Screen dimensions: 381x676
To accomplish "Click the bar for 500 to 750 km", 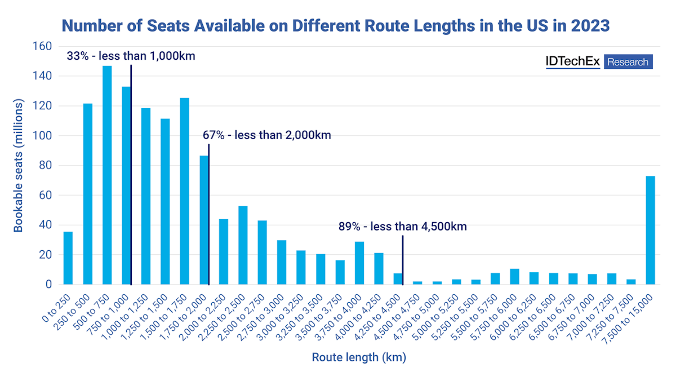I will coord(107,175).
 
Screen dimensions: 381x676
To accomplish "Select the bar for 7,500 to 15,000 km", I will coord(650,231).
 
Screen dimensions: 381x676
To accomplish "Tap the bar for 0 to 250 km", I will coord(68,258).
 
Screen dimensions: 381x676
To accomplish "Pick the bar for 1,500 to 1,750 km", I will coord(184,191).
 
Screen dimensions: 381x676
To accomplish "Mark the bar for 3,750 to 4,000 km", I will coord(359,263).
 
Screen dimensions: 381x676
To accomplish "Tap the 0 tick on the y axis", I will coord(49,285).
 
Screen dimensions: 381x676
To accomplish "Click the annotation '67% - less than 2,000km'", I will coord(267,135).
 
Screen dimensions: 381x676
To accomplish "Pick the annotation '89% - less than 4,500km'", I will coord(403,227).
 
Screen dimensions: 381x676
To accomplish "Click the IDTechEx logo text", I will coord(572,62).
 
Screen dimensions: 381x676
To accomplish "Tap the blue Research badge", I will coord(628,62).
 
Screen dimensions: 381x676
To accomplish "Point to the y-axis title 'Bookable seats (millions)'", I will coord(19,166).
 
